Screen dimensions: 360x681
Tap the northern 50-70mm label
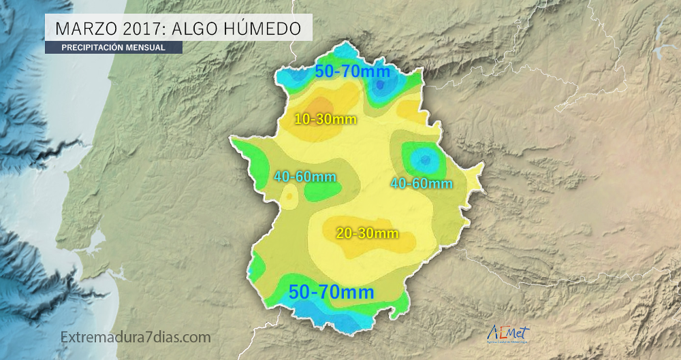tap(351, 71)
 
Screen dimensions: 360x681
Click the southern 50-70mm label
tap(332, 293)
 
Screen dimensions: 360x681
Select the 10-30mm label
tap(326, 119)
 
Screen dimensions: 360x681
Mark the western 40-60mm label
tap(305, 177)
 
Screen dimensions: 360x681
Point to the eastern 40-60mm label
tap(421, 183)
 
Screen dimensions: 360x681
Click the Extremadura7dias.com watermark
tap(136, 337)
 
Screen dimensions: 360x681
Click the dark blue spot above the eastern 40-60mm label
tap(425, 160)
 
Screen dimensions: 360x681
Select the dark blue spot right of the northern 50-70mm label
tap(385, 84)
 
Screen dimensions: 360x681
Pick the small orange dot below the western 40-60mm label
tap(290, 197)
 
